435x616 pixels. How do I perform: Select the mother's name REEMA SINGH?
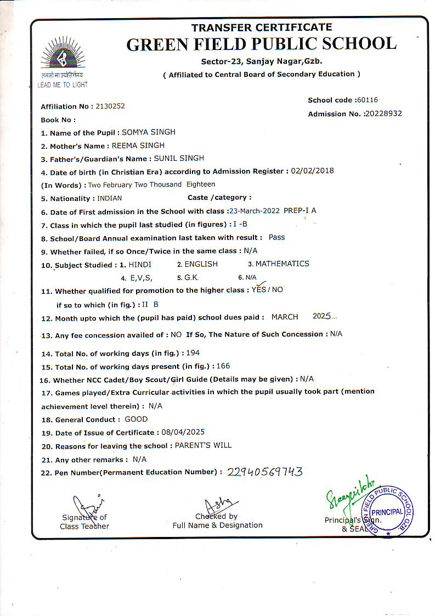click(x=138, y=145)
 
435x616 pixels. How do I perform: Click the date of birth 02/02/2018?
click(x=312, y=171)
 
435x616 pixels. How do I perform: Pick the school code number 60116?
click(x=367, y=100)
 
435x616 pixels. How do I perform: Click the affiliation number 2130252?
click(x=110, y=106)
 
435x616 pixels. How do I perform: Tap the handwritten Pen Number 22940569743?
click(x=264, y=472)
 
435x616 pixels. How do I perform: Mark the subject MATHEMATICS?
click(x=282, y=264)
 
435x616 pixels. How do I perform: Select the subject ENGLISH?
click(x=201, y=264)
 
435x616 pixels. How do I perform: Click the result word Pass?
click(x=276, y=237)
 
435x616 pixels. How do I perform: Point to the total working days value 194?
click(x=193, y=353)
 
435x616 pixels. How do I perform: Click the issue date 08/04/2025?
click(x=183, y=432)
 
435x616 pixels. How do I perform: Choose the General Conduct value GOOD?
click(x=136, y=419)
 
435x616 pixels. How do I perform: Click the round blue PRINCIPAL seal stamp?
click(x=390, y=510)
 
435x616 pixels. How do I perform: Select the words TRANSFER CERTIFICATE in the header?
click(x=261, y=27)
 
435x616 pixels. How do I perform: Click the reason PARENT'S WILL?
click(x=203, y=445)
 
